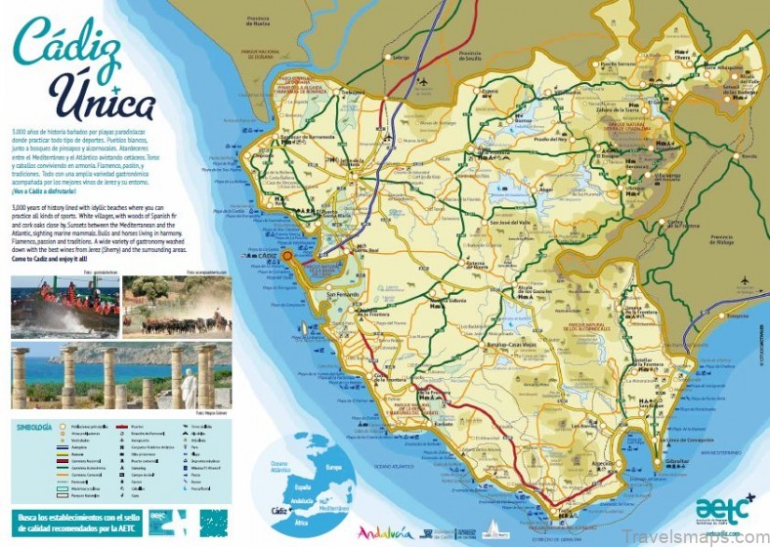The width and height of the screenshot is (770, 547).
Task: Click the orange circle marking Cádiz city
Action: coord(286,257)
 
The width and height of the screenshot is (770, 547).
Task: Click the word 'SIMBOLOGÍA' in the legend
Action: coord(35,427)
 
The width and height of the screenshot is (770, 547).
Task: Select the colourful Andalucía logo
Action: coord(384,532)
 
